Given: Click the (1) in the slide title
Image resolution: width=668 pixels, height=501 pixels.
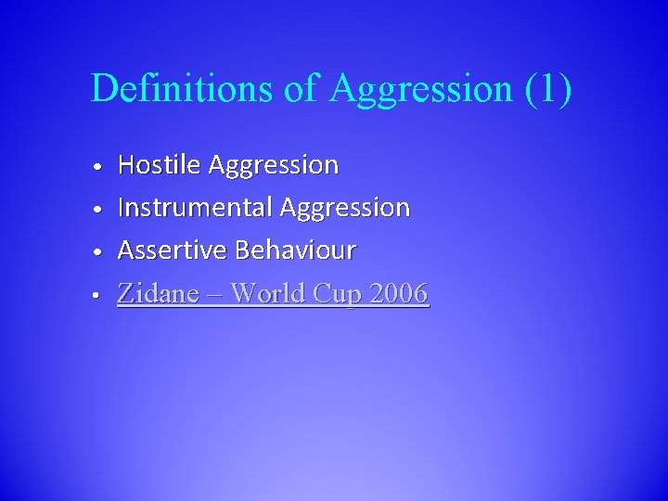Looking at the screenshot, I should pos(547,89).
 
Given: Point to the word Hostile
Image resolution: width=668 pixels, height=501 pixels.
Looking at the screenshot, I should pos(159,165).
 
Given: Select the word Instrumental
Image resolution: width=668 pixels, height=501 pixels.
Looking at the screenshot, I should pos(194,208).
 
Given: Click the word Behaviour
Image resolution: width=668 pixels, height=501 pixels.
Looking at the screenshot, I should pos(295,250).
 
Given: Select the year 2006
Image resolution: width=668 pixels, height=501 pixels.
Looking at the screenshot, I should pos(399,294).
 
